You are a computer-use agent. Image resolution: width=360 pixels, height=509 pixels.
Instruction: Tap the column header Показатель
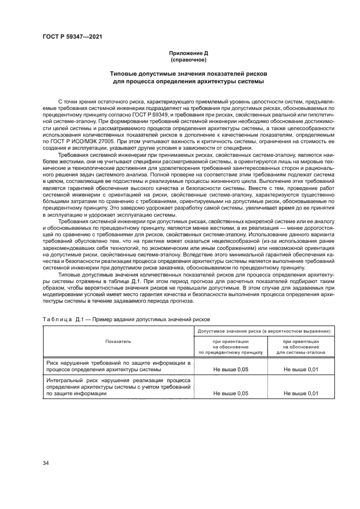point(118,341)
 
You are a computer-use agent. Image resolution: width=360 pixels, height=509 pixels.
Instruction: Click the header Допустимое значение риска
point(266,330)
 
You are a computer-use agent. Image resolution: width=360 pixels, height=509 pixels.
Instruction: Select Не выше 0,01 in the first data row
point(301,370)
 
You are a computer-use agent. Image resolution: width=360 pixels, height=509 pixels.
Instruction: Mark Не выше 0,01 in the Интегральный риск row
point(301,393)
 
